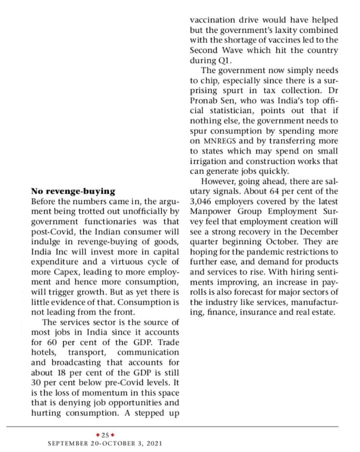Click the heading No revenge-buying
[73, 191]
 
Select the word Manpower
[210, 211]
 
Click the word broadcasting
[69, 362]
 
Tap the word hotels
[45, 352]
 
